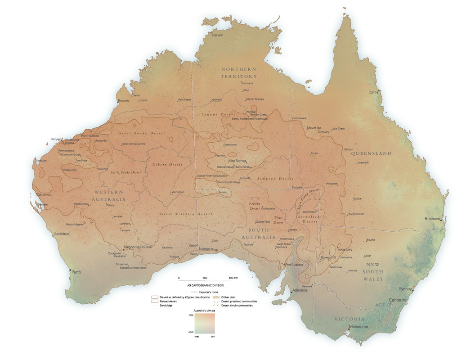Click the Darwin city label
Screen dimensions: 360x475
tap(218, 35)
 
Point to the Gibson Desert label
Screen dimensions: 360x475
tap(167, 165)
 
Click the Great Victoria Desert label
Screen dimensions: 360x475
tap(186, 214)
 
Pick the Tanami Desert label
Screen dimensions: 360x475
tap(219, 115)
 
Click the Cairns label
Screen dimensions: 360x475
tap(374, 92)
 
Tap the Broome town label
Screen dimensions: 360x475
tap(123, 100)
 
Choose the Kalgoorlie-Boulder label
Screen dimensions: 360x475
tap(139, 247)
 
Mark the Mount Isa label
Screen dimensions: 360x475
tap(314, 128)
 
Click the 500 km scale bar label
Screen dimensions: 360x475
tap(233, 278)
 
